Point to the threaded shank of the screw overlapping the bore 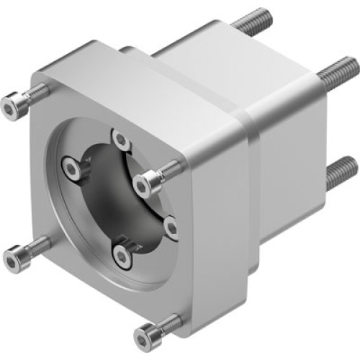coord(171,168)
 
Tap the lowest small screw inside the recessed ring coord(122,254)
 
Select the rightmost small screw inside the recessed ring coord(171,228)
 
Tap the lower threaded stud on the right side coord(341,174)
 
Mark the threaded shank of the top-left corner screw coord(37,92)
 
